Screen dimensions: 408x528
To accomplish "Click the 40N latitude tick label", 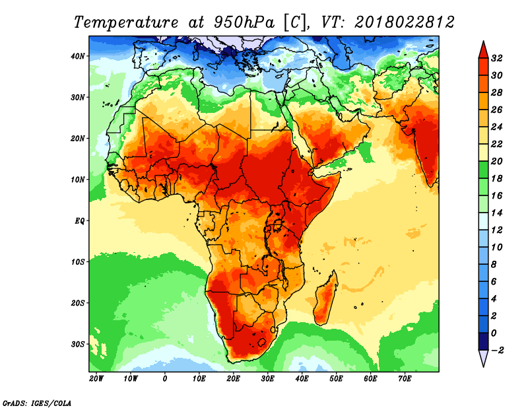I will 78,56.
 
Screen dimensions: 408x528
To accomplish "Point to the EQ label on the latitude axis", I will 79,221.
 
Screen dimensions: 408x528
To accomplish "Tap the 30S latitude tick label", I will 78,344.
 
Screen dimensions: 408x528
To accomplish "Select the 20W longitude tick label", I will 96,380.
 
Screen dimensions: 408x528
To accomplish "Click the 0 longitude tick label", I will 164,380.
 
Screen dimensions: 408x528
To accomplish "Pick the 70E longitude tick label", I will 405,380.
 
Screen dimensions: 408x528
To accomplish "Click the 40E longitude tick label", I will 302,380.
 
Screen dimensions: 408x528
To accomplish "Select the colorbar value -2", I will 498,350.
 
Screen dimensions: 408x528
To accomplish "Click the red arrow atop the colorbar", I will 483,49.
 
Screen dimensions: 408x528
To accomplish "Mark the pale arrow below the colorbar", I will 483,358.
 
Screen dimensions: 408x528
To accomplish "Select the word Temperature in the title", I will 122,22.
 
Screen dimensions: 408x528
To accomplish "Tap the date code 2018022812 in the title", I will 404,22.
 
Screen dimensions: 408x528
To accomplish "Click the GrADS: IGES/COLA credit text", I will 37,402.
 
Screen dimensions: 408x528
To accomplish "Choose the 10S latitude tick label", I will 78,261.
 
